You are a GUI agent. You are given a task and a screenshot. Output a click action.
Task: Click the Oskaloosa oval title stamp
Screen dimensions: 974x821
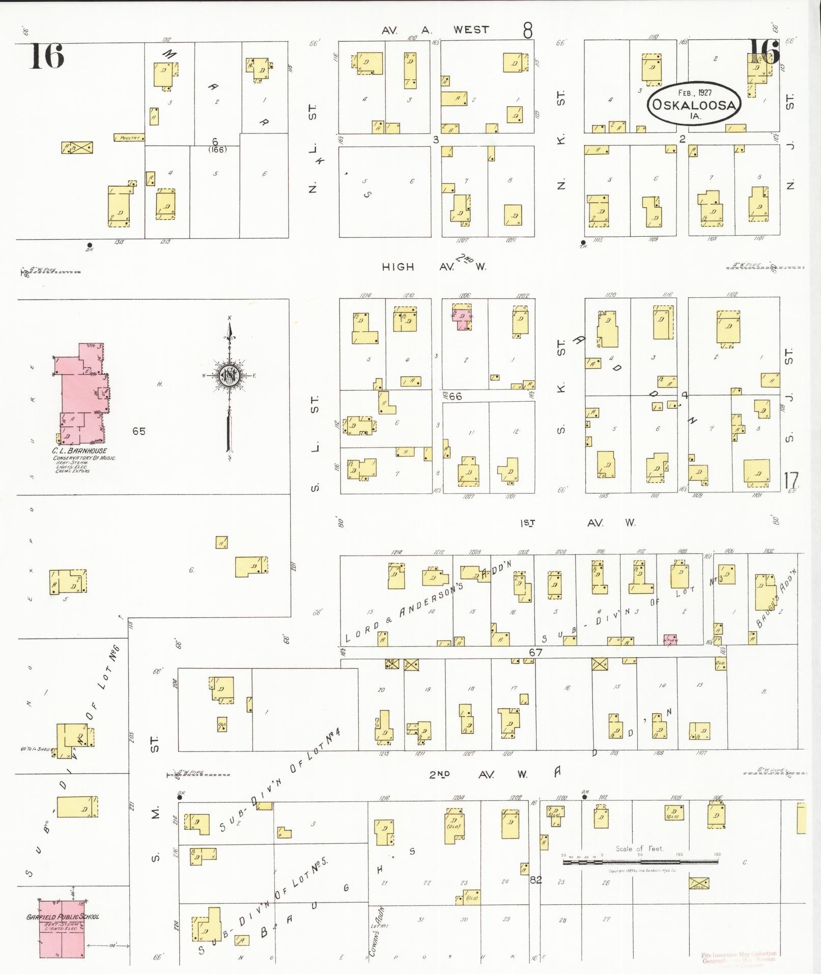(694, 103)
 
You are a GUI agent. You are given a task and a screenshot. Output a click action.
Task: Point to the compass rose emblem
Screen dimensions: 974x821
(229, 376)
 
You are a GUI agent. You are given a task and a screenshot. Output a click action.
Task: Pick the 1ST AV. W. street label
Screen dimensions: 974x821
(578, 522)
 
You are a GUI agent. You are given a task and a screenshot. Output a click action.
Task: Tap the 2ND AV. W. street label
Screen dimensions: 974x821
(478, 774)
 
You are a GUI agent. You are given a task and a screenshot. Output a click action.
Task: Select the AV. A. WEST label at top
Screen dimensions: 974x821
(435, 30)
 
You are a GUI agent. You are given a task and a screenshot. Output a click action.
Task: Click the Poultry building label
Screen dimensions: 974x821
(129, 137)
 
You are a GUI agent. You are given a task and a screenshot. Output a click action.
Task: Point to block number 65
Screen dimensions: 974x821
(139, 431)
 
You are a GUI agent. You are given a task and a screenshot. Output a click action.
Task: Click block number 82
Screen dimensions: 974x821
(535, 879)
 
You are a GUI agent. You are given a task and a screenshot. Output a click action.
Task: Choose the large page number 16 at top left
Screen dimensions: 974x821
(47, 56)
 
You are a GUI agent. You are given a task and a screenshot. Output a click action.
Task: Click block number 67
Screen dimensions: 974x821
(535, 652)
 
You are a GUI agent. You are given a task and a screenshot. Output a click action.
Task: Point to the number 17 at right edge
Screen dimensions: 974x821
(790, 480)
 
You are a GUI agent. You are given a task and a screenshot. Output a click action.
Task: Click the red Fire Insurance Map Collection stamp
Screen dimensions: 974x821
(739, 958)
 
